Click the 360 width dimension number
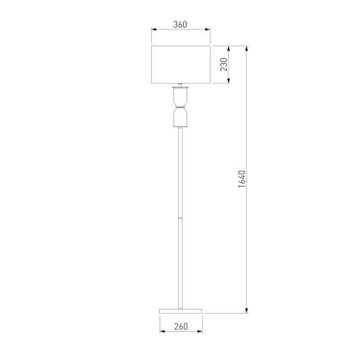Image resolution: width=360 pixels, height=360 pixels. coord(180,25)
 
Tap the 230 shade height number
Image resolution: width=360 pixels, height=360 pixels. coord(223,64)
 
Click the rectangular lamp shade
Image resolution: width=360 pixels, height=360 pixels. coord(181,64)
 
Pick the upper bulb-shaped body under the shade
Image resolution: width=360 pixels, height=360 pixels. coord(181,97)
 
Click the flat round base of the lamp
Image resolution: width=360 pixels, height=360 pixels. coord(181,311)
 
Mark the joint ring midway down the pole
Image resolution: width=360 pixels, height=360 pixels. coord(181,218)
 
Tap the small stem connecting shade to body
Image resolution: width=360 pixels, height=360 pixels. coord(181,85)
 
